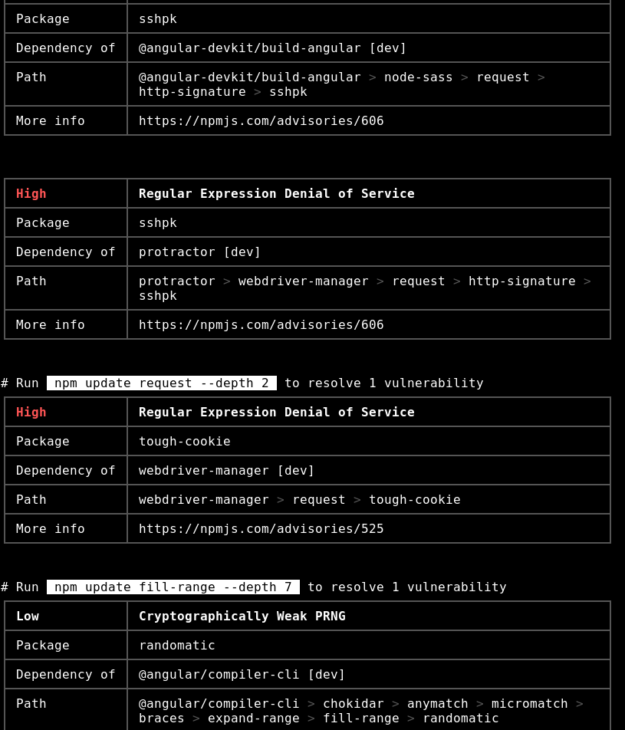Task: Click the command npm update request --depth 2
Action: [x=162, y=383]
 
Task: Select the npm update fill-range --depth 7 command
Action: [x=173, y=587]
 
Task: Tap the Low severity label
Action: [x=28, y=616]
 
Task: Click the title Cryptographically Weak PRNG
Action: [x=242, y=616]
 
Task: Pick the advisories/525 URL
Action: [x=262, y=528]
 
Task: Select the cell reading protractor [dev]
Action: [x=200, y=252]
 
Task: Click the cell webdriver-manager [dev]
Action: [x=227, y=470]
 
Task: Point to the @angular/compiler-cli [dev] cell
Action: [x=242, y=674]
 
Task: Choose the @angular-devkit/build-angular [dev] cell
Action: [x=273, y=48]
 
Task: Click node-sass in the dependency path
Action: [x=419, y=77]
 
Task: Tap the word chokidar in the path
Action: [x=354, y=703]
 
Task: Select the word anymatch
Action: [x=438, y=703]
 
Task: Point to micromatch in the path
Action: [x=530, y=703]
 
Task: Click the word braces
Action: [x=162, y=718]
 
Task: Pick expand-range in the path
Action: [x=254, y=718]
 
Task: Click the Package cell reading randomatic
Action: [x=177, y=645]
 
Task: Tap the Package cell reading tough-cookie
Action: [x=185, y=441]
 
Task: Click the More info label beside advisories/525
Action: [x=51, y=528]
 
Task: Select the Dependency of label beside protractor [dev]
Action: [x=66, y=252]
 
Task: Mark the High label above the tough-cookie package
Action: [x=31, y=412]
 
